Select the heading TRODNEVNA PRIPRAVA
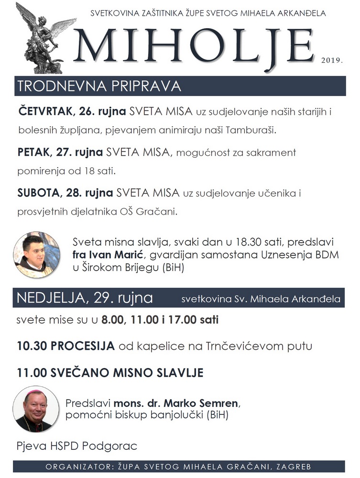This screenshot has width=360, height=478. point(99,86)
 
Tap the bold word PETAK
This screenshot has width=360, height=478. point(33,153)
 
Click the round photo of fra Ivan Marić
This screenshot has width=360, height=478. point(36,255)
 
